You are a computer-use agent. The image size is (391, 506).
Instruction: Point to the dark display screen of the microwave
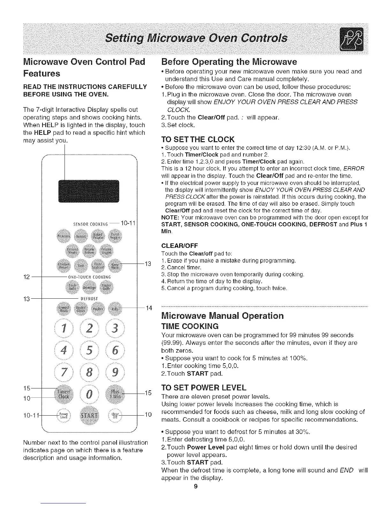tap(88, 191)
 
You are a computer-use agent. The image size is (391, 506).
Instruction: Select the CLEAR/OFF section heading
tap(180, 245)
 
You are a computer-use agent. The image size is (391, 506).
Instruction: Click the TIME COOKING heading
tap(190, 326)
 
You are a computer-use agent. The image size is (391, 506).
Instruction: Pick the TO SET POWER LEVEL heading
tap(204, 388)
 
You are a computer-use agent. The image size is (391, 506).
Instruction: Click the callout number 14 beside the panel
tap(149, 308)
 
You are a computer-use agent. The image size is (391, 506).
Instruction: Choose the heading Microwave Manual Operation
tap(223, 316)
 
